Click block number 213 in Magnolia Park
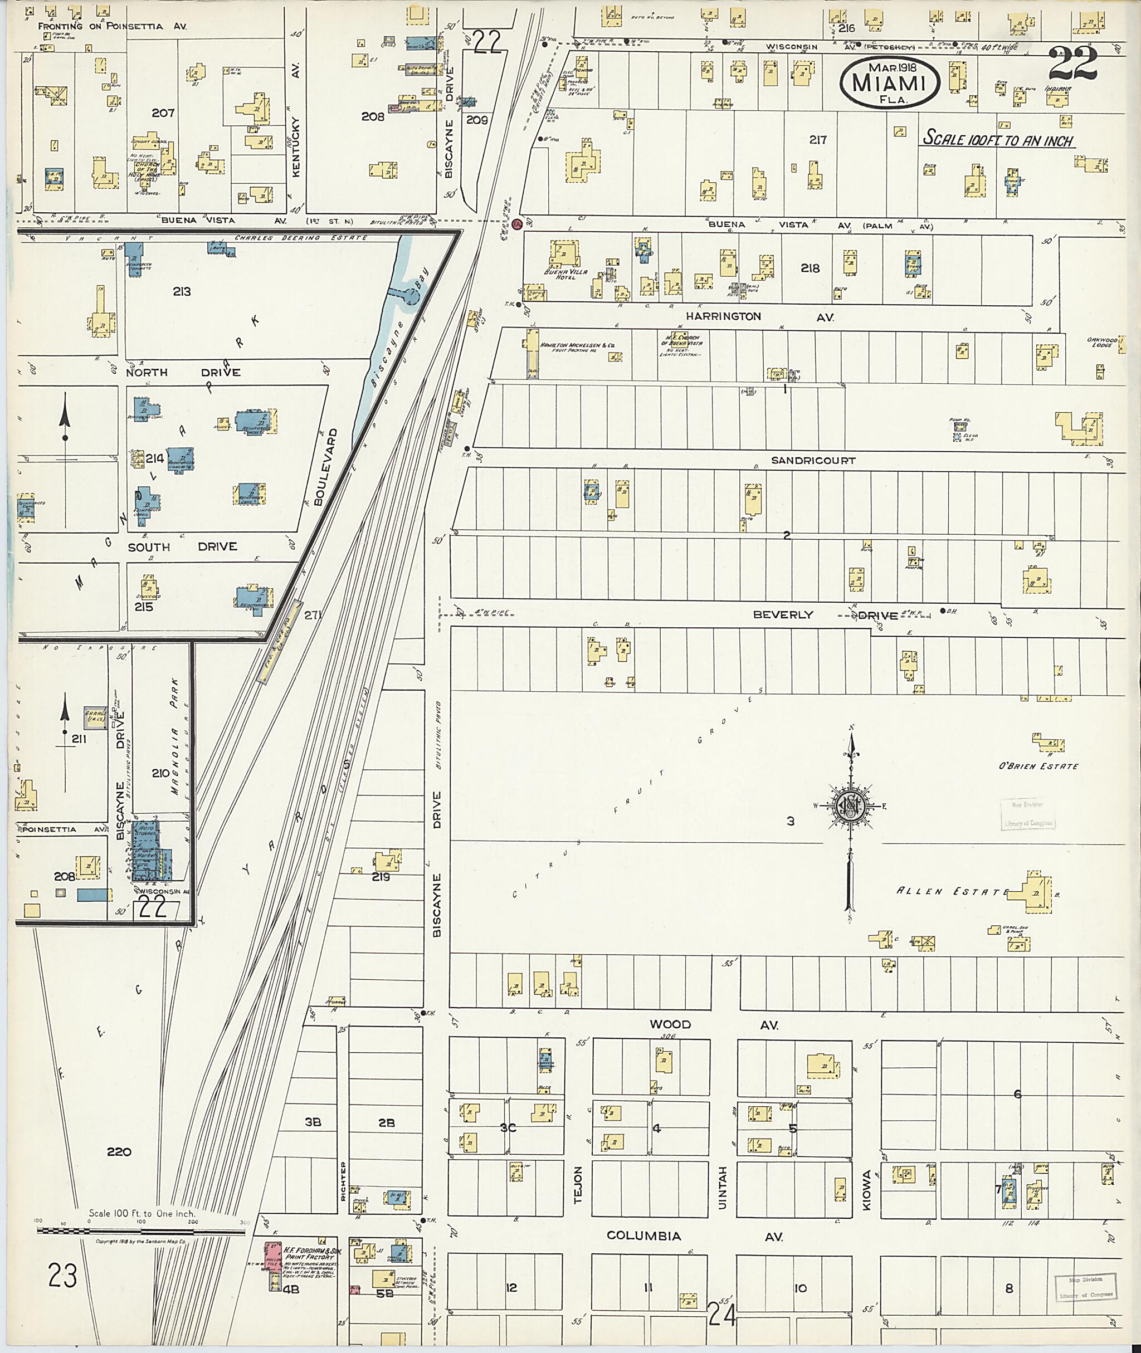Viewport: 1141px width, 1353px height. [182, 292]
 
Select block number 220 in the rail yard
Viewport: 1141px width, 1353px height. [119, 1152]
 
